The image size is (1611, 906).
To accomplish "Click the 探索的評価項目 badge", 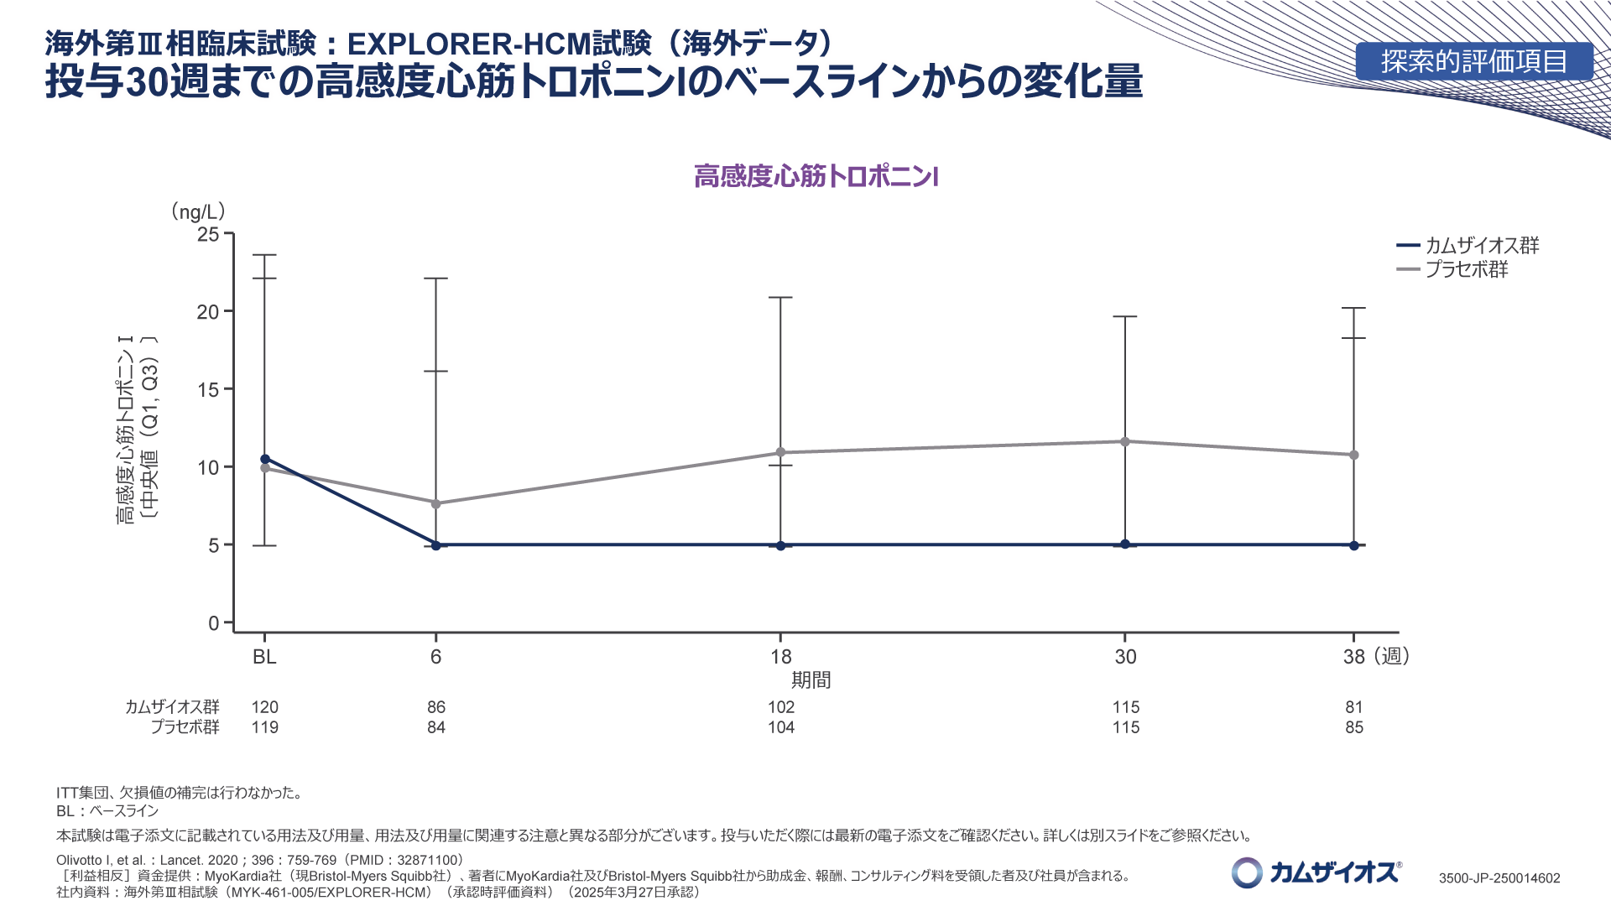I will pyautogui.click(x=1473, y=61).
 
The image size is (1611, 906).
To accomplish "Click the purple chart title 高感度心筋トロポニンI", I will pyautogui.click(x=816, y=176).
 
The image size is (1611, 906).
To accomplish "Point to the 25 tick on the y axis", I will pyautogui.click(x=208, y=234).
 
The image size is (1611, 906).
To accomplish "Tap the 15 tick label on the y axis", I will pyautogui.click(x=208, y=390).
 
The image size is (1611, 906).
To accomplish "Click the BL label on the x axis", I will pyautogui.click(x=264, y=657).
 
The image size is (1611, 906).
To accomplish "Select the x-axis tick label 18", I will pyautogui.click(x=780, y=657).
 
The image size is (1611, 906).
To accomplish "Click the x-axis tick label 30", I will pyautogui.click(x=1125, y=657).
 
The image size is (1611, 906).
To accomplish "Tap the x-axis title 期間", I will pyautogui.click(x=811, y=680).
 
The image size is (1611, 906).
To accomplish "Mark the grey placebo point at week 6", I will pyautogui.click(x=435, y=503).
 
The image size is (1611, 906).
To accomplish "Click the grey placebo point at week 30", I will pyautogui.click(x=1125, y=441).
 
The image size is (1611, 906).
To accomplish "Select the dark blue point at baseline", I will pyautogui.click(x=265, y=459).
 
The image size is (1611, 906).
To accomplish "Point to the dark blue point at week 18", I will pyautogui.click(x=780, y=546).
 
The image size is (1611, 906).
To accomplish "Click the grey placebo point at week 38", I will pyautogui.click(x=1353, y=455).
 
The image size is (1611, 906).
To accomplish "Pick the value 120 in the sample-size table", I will pyautogui.click(x=264, y=707).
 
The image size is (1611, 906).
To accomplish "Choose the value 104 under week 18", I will pyautogui.click(x=780, y=727).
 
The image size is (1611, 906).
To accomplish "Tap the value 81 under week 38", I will pyautogui.click(x=1353, y=707).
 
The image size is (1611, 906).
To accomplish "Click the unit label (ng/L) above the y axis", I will pyautogui.click(x=198, y=211).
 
